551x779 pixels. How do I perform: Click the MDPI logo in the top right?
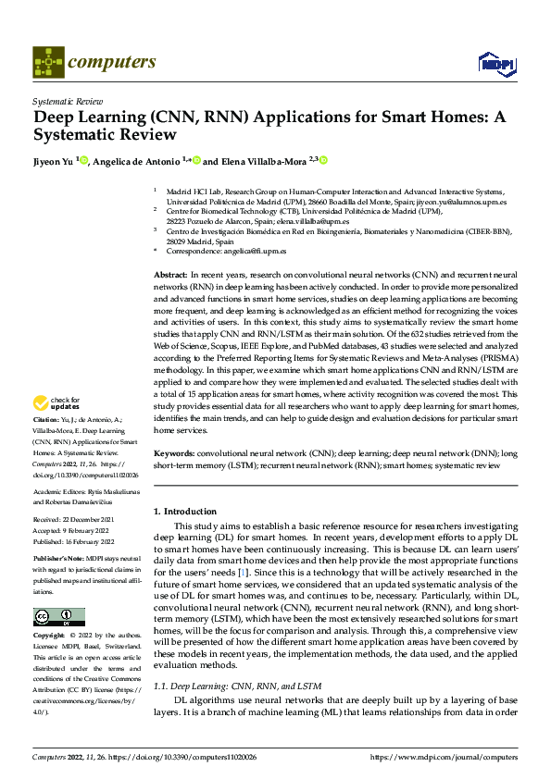[495, 63]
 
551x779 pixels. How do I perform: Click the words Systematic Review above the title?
[66, 98]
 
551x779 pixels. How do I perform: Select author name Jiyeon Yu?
[54, 161]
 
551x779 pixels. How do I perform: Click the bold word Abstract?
[170, 276]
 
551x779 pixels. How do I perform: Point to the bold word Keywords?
[174, 454]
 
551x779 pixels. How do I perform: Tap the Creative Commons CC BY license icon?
[58, 617]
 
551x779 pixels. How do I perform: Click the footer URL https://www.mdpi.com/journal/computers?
[444, 757]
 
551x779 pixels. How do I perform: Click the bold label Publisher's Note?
[58, 560]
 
